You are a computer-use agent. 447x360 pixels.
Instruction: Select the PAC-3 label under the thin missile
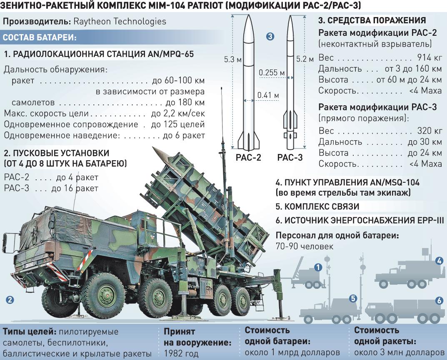(x=290, y=158)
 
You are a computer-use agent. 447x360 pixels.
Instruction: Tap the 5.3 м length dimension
(x=232, y=60)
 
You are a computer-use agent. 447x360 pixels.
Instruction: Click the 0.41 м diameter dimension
(x=268, y=95)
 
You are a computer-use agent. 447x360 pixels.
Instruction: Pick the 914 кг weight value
(x=429, y=58)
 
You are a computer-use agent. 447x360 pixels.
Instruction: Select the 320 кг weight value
(x=429, y=131)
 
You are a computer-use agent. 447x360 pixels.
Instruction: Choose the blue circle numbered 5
(x=353, y=298)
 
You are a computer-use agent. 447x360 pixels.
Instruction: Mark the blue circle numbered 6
(x=439, y=300)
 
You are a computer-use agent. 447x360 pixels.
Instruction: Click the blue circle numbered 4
(x=439, y=261)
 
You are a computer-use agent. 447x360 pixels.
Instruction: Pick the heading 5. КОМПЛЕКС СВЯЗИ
(x=317, y=206)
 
